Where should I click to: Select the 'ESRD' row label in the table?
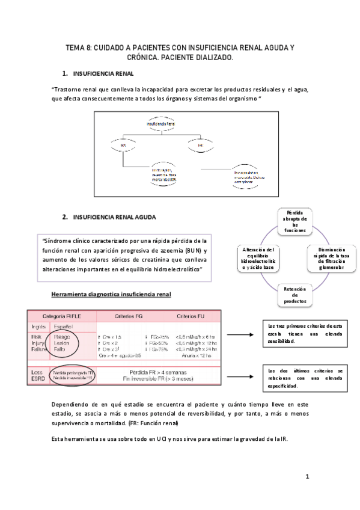pyautogui.click(x=37, y=379)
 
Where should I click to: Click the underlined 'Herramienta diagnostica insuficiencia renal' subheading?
pyautogui.click(x=111, y=294)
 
